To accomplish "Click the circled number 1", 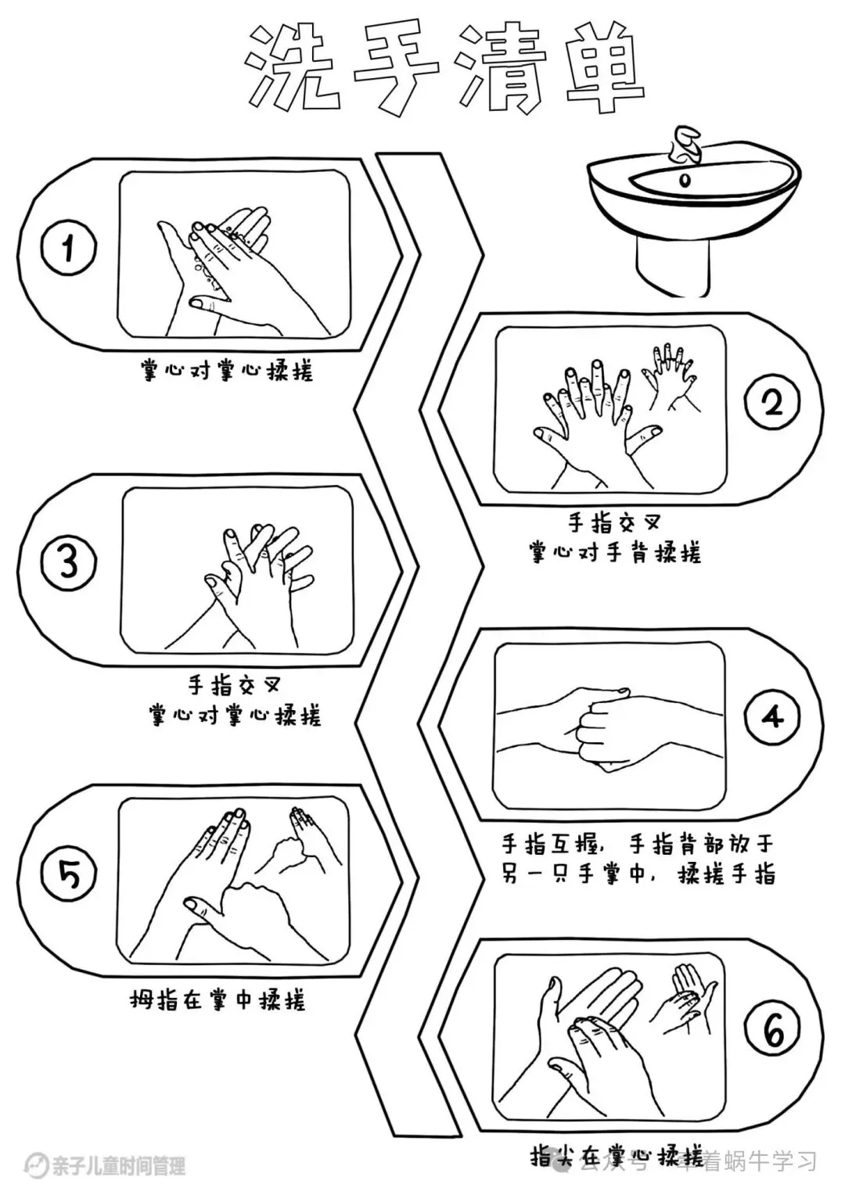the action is pyautogui.click(x=69, y=250).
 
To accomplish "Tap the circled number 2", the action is pyautogui.click(x=772, y=403).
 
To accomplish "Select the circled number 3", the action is pyautogui.click(x=69, y=562).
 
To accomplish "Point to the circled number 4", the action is pyautogui.click(x=772, y=716).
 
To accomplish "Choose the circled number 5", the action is pyautogui.click(x=69, y=875).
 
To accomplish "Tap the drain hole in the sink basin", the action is pyautogui.click(x=686, y=181).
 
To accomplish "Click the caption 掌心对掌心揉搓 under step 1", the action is pyautogui.click(x=227, y=370).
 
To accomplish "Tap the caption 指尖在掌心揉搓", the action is pyautogui.click(x=617, y=1156).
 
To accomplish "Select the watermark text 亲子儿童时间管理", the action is pyautogui.click(x=117, y=1166).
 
